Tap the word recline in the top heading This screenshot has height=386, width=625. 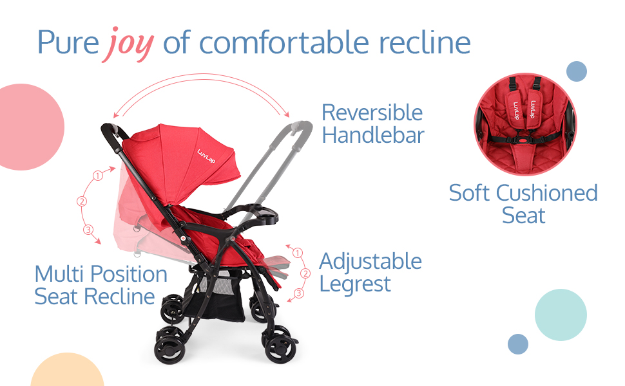coord(425,42)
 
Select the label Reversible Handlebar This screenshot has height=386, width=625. coord(372,124)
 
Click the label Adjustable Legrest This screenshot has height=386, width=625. coord(370,273)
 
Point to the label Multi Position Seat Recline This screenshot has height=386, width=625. coord(101,285)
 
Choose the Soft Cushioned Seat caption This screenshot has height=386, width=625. coord(523,204)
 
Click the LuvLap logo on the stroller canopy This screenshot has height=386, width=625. coord(206,156)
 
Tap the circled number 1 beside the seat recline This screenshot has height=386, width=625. coord(98,176)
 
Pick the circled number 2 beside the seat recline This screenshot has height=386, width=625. coord(82,201)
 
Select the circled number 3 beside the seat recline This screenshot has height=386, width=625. coord(88,230)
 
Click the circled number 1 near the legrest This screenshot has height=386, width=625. coord(297,253)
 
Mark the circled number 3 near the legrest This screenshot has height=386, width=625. coord(298,293)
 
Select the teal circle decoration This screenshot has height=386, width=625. coord(561,315)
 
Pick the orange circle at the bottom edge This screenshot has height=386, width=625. coord(67,370)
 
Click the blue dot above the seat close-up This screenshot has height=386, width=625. coord(577,71)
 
